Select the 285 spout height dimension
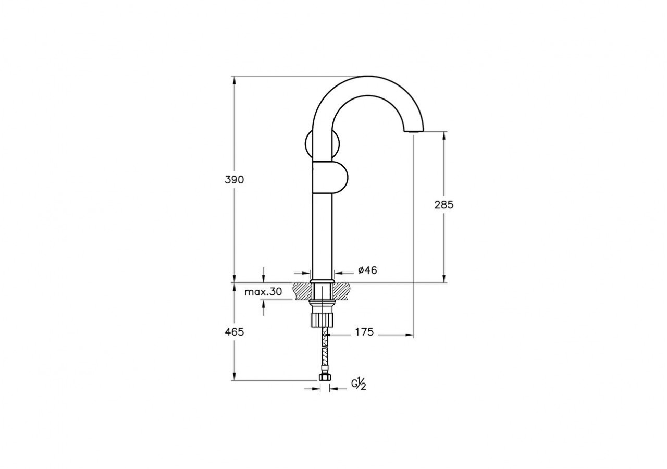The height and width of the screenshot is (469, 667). pyautogui.click(x=444, y=205)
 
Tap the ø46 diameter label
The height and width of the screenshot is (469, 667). pyautogui.click(x=367, y=270)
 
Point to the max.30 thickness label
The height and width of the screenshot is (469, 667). pyautogui.click(x=263, y=292)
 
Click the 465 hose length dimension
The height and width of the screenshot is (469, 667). pyautogui.click(x=234, y=331)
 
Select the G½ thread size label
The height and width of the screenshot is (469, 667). pyautogui.click(x=359, y=385)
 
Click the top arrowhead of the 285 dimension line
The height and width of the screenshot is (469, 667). pyautogui.click(x=444, y=134)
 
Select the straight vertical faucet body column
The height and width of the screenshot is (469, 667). pyautogui.click(x=322, y=234)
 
